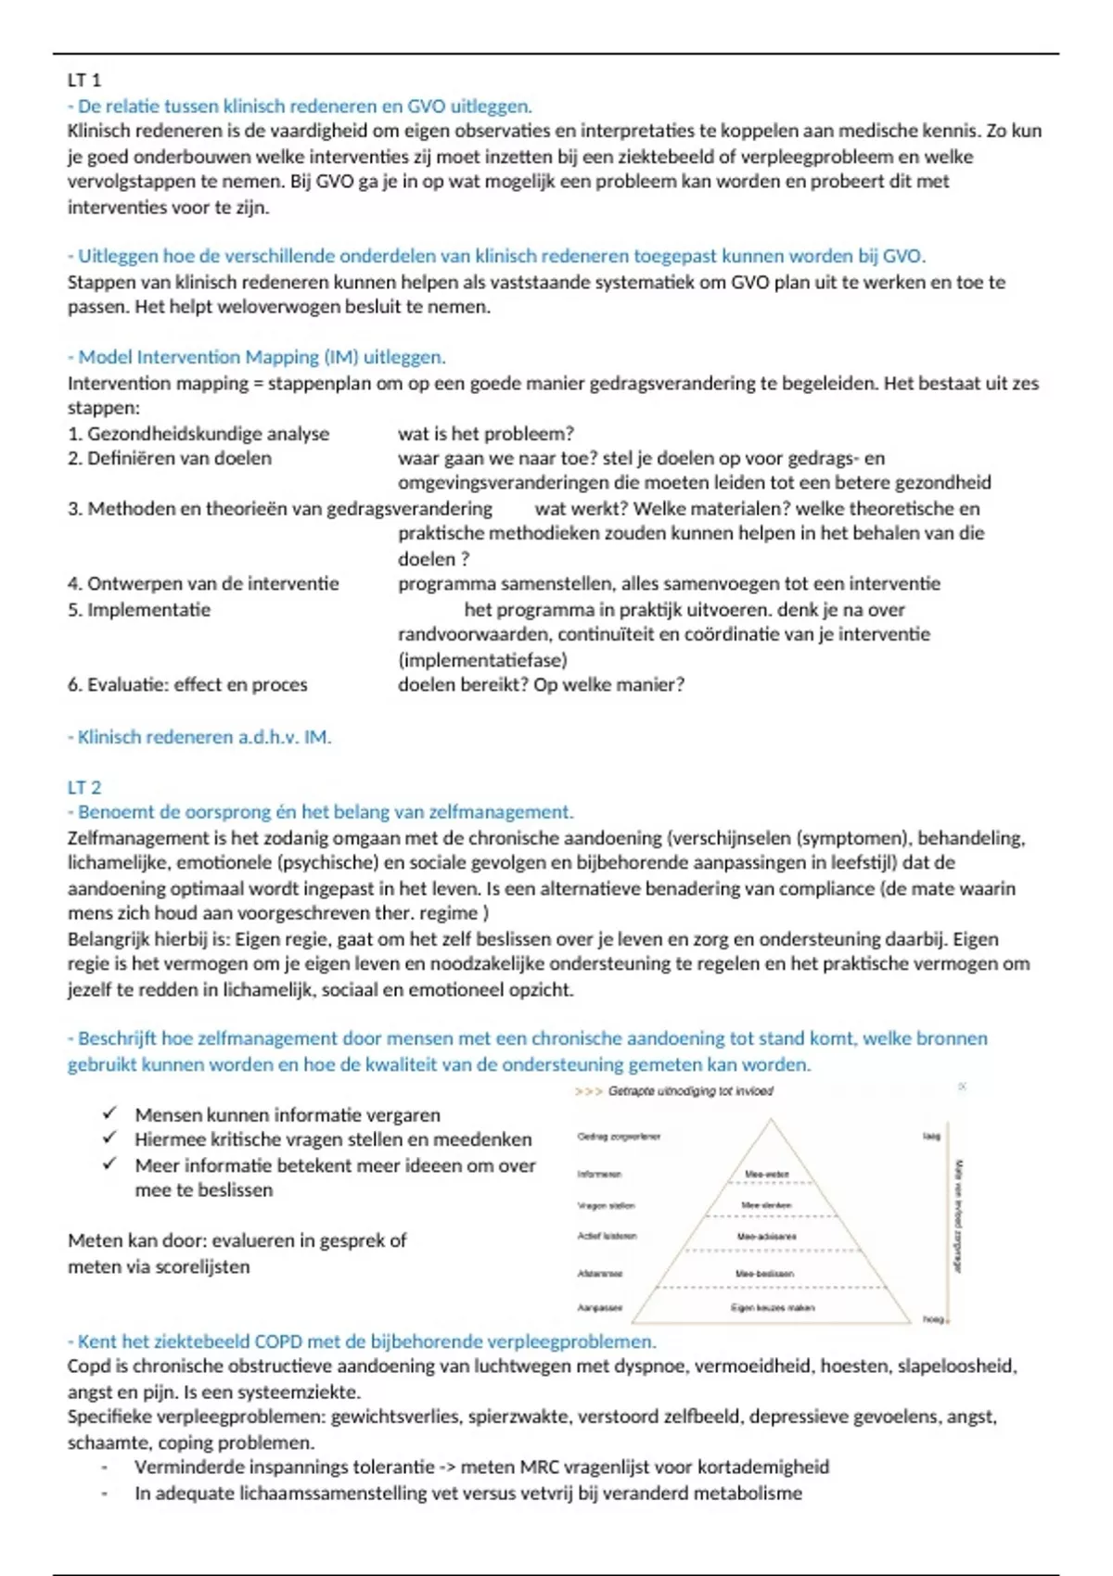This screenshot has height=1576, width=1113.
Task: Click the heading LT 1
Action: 84,81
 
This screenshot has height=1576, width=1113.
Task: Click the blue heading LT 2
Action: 84,787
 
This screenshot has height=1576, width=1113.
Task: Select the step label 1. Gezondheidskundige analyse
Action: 198,433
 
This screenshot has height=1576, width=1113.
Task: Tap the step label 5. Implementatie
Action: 139,609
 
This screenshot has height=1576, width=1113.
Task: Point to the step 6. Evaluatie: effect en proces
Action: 187,684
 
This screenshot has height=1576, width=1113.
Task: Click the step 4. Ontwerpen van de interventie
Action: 203,583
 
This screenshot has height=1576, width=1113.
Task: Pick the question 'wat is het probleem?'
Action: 486,433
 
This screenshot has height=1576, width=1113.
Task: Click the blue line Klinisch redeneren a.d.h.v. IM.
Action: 199,737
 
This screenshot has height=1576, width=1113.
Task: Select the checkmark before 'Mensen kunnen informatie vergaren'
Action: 110,1112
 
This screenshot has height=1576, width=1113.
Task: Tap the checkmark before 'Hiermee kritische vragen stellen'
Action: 110,1138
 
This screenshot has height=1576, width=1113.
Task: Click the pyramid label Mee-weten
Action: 767,1175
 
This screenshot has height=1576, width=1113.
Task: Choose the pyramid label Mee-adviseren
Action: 767,1237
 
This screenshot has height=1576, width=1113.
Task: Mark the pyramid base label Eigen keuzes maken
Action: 773,1308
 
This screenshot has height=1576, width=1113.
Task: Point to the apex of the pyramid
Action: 771,1120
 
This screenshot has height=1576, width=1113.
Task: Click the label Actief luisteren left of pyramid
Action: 607,1236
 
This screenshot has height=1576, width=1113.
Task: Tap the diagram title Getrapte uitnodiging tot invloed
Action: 690,1091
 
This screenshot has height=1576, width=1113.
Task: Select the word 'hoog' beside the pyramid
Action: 932,1319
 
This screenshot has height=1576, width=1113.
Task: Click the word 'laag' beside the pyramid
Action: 931,1136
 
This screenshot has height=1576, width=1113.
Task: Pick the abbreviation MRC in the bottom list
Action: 539,1468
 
